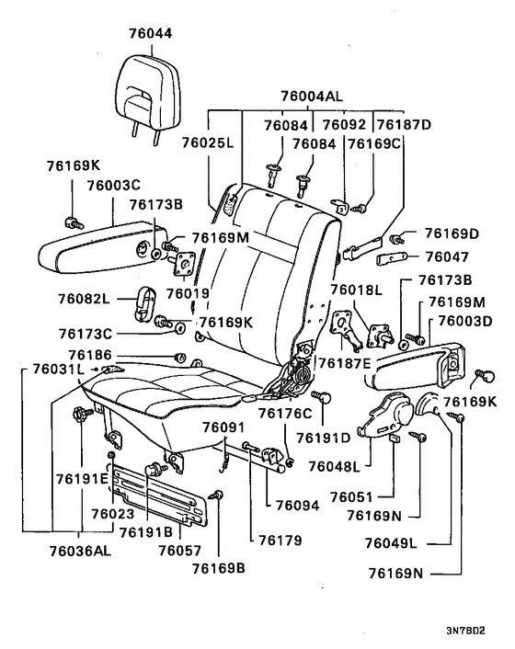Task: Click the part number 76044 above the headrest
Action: pyautogui.click(x=151, y=33)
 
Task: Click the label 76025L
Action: pyautogui.click(x=207, y=143)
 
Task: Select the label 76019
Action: pyautogui.click(x=188, y=294)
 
